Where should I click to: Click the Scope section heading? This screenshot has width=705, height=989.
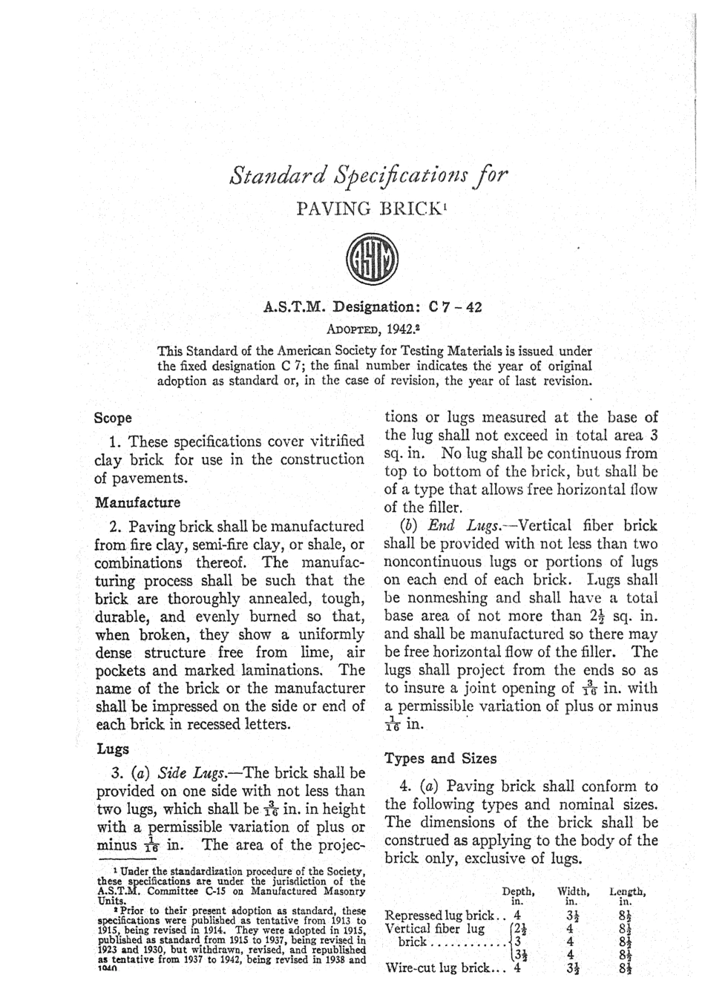114,418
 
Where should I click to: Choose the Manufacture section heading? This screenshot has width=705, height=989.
138,502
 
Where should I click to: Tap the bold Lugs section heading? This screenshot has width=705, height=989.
112,749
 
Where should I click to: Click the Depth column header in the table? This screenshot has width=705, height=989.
519,892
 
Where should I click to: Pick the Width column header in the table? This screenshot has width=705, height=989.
574,892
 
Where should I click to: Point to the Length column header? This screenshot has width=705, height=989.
628,892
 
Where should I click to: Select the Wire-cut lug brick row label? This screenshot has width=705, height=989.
439,968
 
